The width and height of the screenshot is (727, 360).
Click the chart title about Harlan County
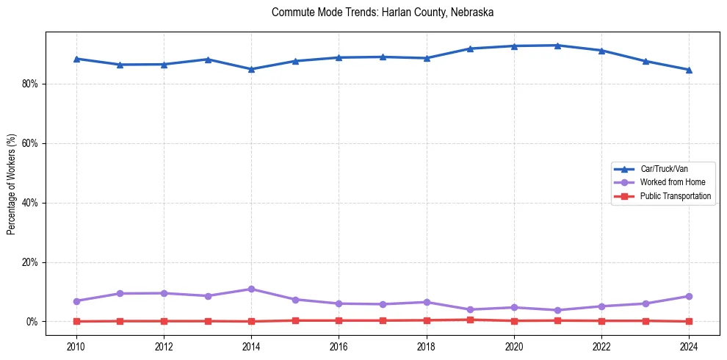point(382,12)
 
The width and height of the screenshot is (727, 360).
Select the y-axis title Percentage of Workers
point(12,184)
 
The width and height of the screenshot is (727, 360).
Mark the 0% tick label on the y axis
point(32,322)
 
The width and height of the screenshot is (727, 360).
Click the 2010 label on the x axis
point(76,345)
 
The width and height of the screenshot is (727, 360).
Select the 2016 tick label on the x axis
point(339,345)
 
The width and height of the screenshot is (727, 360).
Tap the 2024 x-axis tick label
point(689,345)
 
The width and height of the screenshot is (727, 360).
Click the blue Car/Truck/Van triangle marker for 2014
point(251,69)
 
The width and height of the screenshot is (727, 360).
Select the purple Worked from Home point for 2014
point(251,289)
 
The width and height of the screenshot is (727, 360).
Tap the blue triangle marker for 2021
point(557,46)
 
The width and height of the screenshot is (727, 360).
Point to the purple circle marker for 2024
point(689,296)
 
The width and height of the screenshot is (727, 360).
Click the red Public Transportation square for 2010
point(76,321)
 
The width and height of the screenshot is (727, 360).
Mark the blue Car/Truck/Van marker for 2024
point(689,70)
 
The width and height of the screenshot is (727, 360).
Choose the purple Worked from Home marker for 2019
point(470,309)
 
